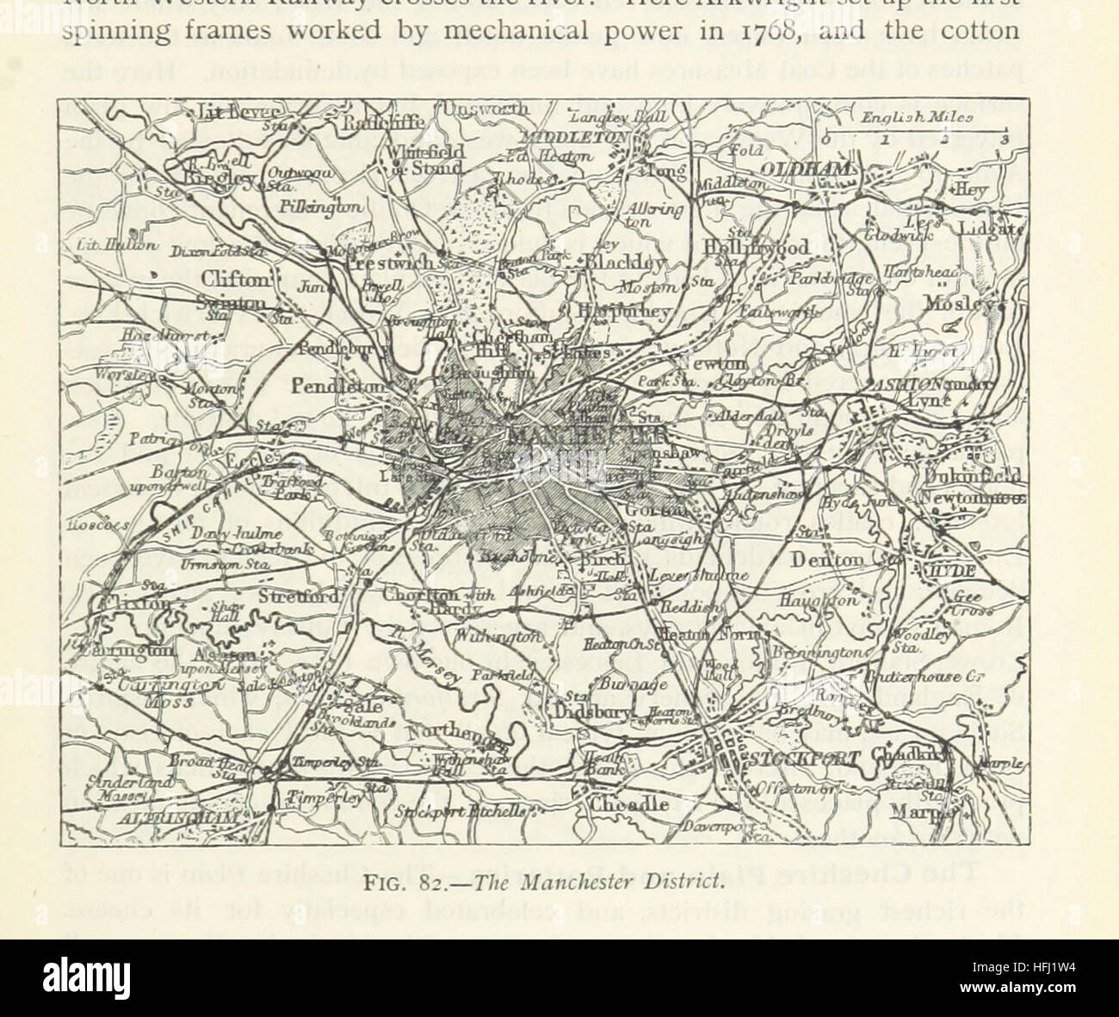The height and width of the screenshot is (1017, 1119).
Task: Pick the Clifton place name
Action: click(x=235, y=277)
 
